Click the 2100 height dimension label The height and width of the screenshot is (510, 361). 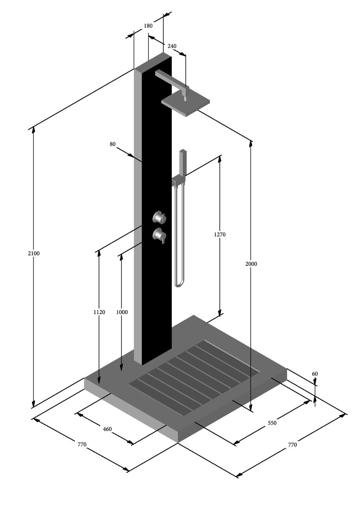pos(34,253)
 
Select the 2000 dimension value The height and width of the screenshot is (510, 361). pos(251,264)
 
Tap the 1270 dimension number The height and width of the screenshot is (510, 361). pos(220,235)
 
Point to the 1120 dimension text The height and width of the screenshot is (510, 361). pos(99,312)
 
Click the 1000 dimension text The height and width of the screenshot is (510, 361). pos(122,312)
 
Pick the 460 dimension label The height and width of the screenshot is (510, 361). pos(107,429)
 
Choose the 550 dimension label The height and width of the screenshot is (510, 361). pos(272,423)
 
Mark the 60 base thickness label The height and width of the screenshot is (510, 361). pos(315,374)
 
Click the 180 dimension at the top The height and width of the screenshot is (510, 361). pos(148,26)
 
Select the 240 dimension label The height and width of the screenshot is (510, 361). pos(172,46)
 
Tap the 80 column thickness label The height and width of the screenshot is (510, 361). pos(113,144)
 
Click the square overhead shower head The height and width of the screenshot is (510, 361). pos(186,103)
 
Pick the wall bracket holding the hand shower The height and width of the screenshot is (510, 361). pos(177,180)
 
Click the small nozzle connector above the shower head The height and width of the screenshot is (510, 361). pos(185,99)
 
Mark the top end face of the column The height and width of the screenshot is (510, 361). pos(153,62)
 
